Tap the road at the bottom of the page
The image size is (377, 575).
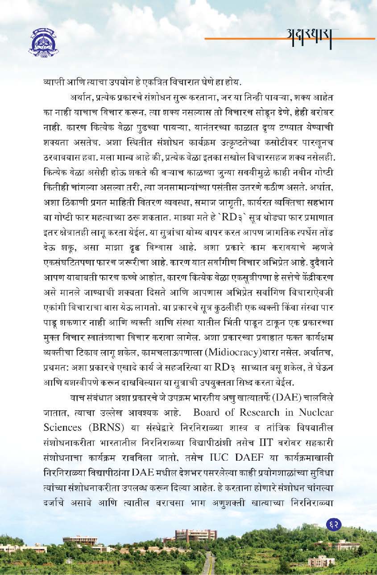[x=208, y=565]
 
